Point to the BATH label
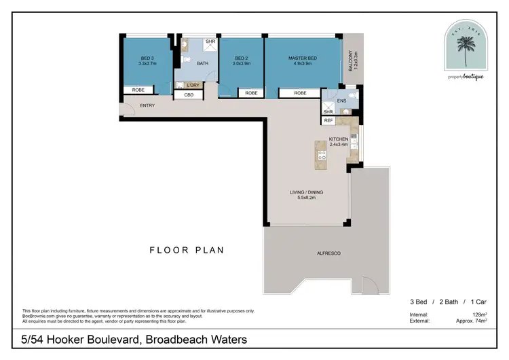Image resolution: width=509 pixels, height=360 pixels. coord(202,64)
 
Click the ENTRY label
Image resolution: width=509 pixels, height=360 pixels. coord(148,106)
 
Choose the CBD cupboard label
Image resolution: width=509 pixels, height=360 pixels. coord(189,95)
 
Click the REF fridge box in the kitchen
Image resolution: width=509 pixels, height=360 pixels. coord(328,120)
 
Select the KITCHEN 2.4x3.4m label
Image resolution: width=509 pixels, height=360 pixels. coord(337,141)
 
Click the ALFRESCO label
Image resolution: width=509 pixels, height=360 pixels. coord(328,253)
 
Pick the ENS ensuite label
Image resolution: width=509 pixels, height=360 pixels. coord(341,101)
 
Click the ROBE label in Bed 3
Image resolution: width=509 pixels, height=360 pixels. coord(138,90)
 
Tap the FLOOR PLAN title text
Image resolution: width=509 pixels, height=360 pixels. coord(187,251)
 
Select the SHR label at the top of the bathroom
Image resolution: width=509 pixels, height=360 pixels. coord(210,41)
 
